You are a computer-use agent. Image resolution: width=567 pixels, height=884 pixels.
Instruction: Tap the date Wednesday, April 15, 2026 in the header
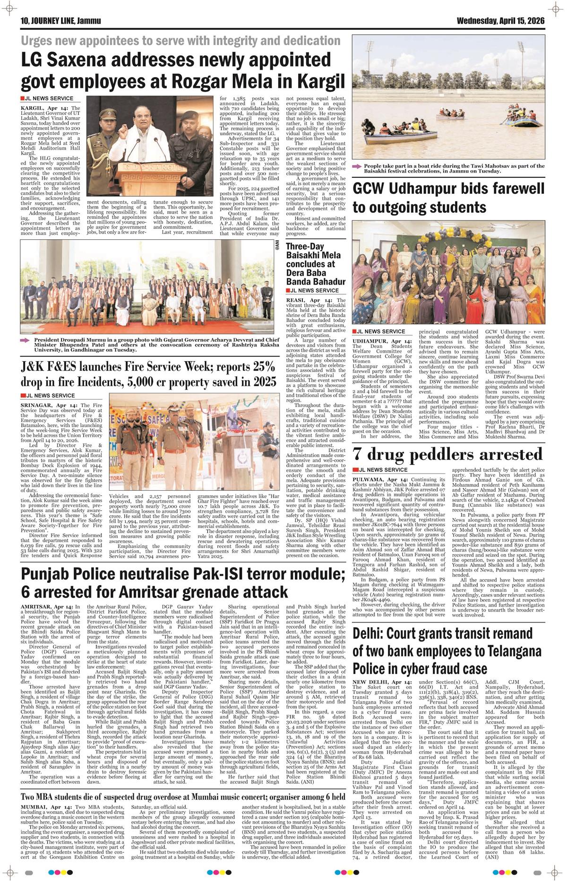tap(500, 21)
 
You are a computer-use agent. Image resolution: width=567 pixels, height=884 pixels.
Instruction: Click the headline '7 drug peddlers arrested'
tap(447, 455)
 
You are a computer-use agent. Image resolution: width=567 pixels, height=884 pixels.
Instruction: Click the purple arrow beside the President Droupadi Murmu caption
tap(25, 339)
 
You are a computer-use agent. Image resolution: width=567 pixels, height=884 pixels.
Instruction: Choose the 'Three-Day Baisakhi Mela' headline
tap(315, 264)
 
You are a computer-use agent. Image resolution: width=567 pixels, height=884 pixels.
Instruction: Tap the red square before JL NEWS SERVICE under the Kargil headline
tap(22, 98)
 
